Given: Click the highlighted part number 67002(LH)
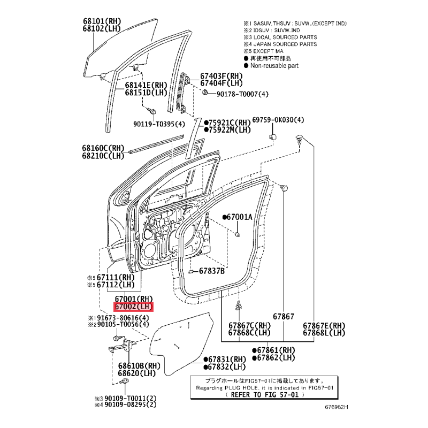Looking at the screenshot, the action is point(133,307).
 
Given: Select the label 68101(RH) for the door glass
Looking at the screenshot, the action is point(102,21).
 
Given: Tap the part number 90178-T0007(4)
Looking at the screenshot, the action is point(242,94).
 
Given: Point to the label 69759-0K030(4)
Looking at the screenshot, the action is point(278,120).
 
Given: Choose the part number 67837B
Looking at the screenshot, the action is point(211,271).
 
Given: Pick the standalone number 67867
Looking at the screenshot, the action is point(284,316).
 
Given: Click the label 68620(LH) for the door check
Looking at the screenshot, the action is point(137,373).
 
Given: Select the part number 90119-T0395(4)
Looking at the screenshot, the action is point(159,124).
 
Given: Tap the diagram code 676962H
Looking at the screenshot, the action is point(337,407).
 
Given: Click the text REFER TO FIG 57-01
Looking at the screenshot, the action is point(265,395).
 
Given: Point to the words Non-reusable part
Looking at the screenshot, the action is point(274,65).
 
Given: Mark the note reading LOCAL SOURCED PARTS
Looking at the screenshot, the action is point(285,37).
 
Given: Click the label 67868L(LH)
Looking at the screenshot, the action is point(324,333).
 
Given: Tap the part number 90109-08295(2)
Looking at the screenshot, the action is point(131,405).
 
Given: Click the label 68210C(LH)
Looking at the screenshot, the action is point(103,156).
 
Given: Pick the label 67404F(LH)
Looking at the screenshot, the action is point(221,83).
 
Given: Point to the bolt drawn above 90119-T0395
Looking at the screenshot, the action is point(151,111).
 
